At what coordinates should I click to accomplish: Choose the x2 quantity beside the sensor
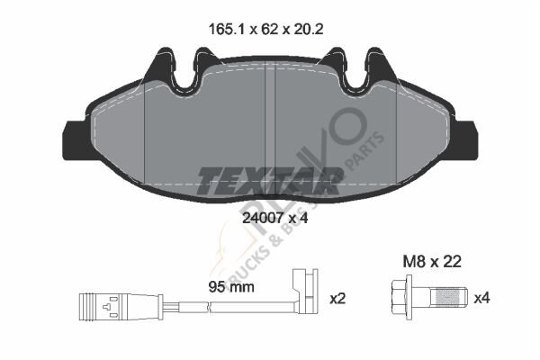339,296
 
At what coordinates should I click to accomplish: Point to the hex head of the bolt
402,296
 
